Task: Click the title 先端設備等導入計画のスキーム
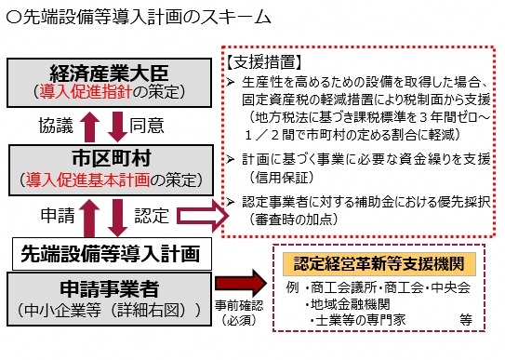pos(140,17)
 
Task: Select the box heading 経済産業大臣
pos(113,72)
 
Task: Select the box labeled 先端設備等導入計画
pos(113,252)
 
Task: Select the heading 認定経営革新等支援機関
pos(380,263)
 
